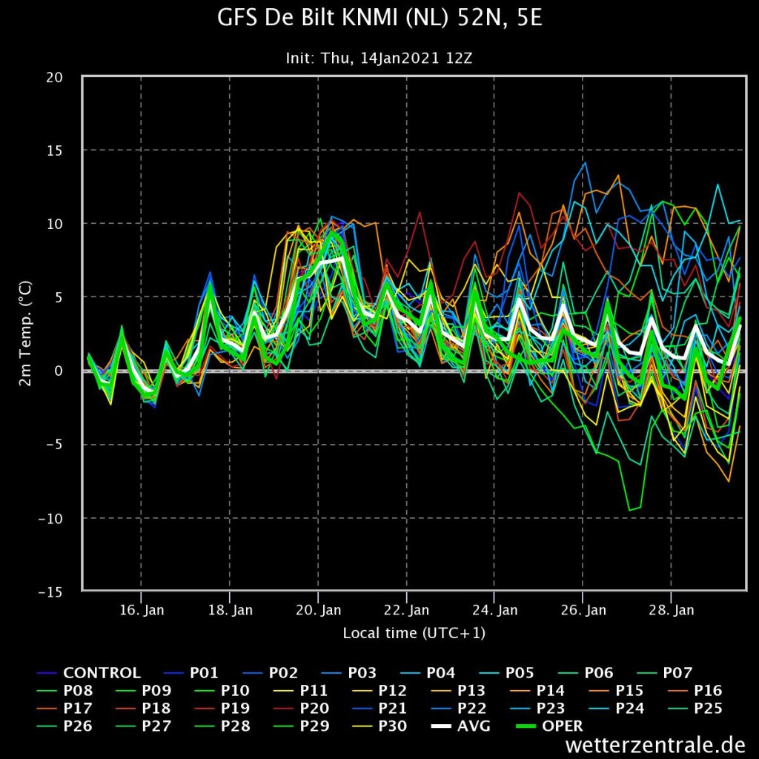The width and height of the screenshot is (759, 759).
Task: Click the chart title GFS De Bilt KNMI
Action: [379, 18]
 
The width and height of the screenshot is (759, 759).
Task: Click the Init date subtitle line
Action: [379, 59]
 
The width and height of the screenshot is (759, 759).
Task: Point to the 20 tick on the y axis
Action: [54, 77]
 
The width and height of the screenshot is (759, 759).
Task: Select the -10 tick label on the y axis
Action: [50, 518]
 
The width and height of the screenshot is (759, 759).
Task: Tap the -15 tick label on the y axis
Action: [50, 592]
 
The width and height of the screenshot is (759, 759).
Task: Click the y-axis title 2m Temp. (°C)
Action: [25, 333]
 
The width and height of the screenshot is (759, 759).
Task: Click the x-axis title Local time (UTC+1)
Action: [414, 633]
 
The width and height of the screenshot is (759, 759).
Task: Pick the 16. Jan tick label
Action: [142, 610]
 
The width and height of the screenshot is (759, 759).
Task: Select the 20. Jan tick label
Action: [319, 610]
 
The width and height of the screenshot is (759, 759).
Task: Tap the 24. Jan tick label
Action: [494, 610]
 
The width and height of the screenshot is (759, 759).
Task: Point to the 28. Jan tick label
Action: [672, 610]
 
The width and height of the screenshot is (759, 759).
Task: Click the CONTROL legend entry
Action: [89, 673]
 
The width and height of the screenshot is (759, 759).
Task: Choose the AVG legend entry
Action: [460, 726]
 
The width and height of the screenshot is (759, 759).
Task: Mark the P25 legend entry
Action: [695, 708]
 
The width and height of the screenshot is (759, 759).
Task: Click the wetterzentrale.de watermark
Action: [655, 744]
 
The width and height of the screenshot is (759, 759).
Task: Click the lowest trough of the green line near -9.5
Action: [630, 510]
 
